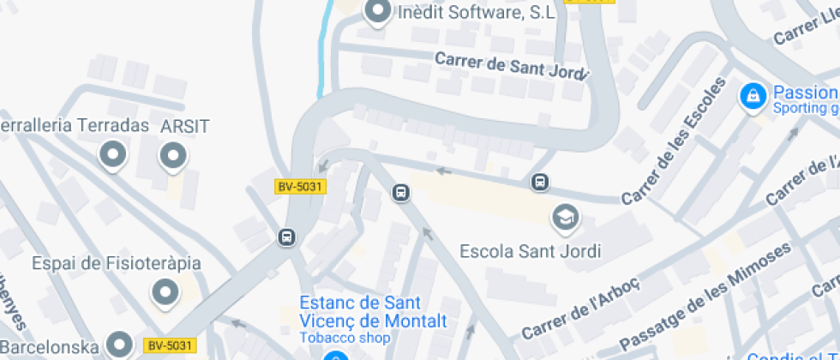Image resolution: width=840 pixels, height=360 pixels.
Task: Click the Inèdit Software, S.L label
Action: point(476,13)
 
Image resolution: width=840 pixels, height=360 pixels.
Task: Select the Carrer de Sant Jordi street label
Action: point(513,66)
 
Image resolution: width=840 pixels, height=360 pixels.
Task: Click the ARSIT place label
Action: point(185,127)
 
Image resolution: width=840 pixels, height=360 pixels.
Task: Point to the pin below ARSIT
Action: point(173,156)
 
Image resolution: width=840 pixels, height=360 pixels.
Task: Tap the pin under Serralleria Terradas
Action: point(112,156)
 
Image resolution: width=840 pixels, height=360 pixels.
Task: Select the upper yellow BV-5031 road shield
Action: point(301,186)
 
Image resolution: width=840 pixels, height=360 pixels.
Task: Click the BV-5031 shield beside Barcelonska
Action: point(171,345)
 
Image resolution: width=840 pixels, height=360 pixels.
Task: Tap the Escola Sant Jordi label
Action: point(531,251)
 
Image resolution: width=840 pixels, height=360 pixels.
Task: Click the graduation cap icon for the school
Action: point(565,217)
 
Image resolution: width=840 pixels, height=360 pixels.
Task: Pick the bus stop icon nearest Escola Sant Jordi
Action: point(540,182)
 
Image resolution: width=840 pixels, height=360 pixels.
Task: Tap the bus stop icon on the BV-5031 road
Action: point(287,237)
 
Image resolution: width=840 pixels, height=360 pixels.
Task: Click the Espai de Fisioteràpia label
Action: point(117,263)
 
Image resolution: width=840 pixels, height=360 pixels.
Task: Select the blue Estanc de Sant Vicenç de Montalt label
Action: point(373,312)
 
